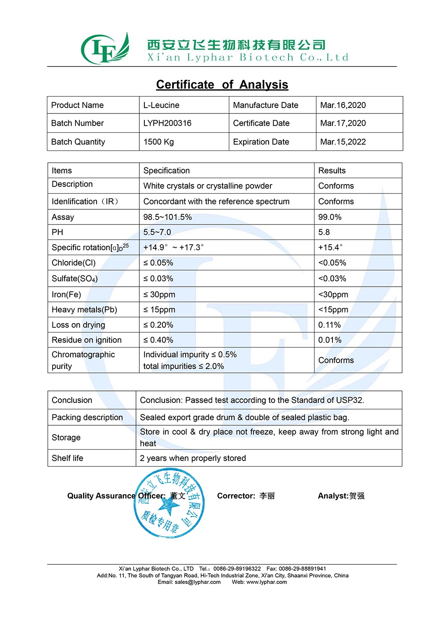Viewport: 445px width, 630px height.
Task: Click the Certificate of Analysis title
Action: point(222,84)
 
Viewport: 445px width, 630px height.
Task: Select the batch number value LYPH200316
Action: point(167,123)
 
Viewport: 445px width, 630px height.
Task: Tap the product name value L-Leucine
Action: point(161,105)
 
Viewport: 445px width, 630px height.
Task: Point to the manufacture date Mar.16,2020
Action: point(343,105)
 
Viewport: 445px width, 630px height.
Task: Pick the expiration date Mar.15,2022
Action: point(343,142)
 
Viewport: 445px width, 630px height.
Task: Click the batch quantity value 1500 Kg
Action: point(158,142)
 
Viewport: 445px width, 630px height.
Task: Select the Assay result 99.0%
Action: point(330,217)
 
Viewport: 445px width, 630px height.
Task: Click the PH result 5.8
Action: point(324,232)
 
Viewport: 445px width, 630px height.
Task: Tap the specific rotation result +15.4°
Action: point(330,248)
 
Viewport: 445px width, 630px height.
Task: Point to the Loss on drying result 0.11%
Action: point(329,325)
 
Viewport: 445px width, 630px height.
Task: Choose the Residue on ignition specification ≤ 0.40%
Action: point(158,340)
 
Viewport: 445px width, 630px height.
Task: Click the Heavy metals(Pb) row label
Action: point(84,310)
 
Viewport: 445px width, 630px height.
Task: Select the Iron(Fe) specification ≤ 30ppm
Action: point(159,294)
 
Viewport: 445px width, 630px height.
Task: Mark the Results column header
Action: point(332,171)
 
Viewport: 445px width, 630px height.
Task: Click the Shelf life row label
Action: point(67,458)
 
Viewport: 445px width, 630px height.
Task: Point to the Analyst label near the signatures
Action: point(333,496)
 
